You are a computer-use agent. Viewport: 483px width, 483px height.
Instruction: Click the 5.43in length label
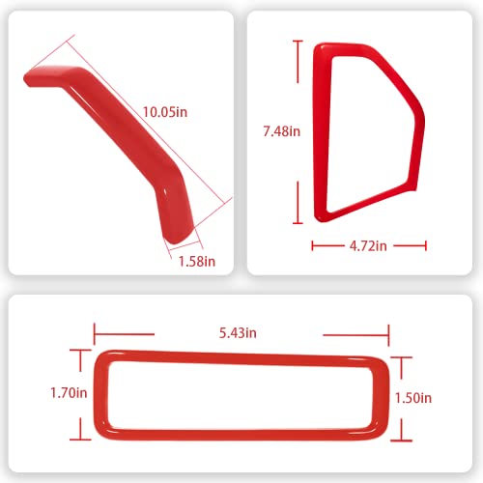[x=237, y=333]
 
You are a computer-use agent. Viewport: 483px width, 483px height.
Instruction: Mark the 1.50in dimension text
[x=413, y=397]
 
